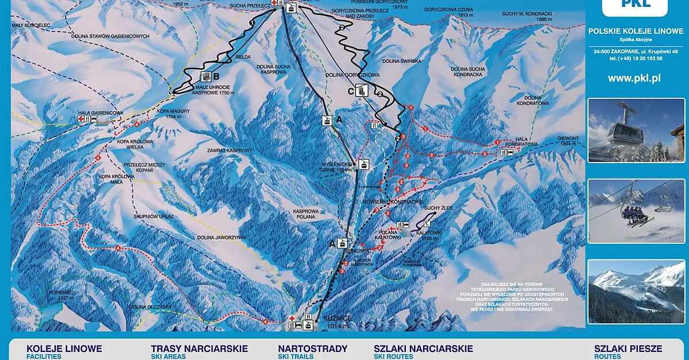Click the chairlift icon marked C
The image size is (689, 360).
point(362,90)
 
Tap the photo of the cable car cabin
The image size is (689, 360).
point(636,130)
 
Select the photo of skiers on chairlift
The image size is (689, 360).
point(636,211)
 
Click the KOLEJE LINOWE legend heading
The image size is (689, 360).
point(64,349)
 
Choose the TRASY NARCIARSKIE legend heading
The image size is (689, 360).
point(199,349)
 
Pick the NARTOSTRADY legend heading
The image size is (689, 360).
point(312,349)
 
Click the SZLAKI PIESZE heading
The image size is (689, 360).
point(628,349)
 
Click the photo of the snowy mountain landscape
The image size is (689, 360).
point(636,292)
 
